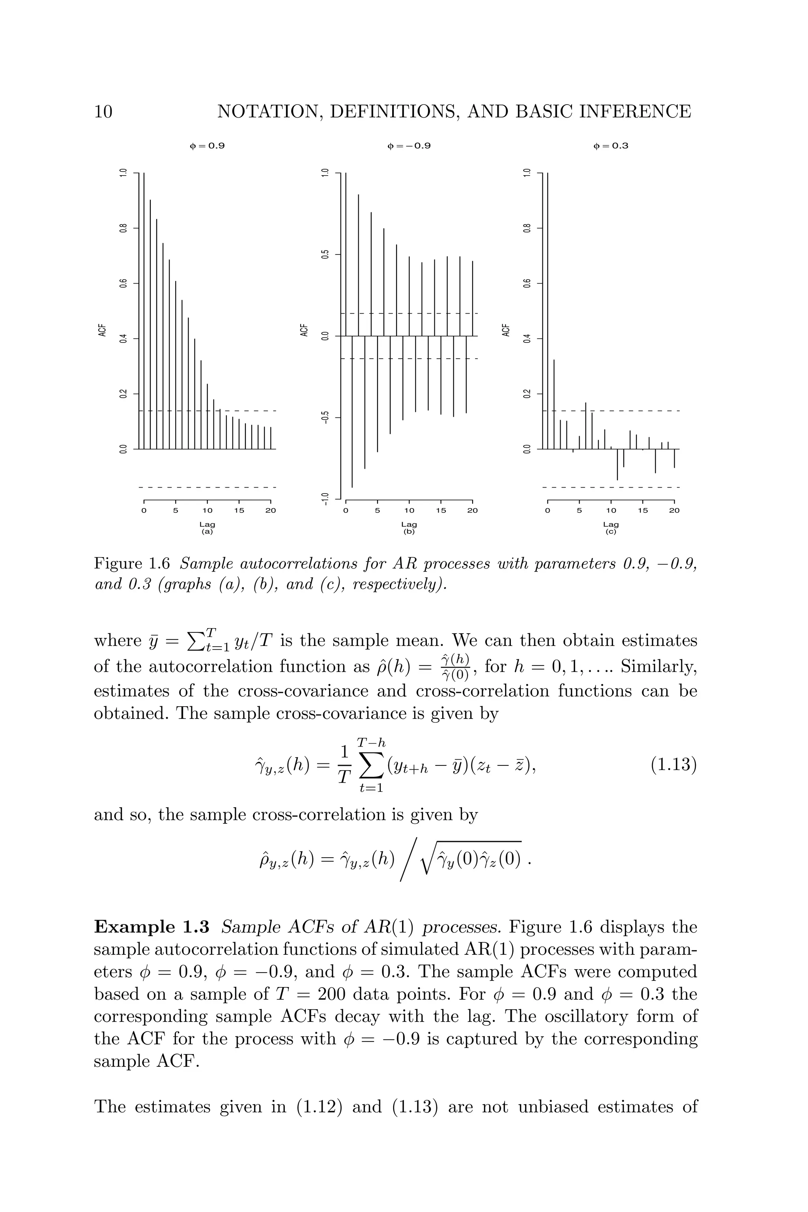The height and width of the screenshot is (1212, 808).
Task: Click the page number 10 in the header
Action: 103,112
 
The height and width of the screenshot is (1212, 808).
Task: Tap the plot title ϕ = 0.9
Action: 207,146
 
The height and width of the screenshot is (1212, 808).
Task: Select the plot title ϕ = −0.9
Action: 409,146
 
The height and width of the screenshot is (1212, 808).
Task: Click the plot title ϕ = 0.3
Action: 611,146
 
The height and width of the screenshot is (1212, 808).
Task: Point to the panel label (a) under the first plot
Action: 207,531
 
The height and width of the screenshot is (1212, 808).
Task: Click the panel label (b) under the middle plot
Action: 409,531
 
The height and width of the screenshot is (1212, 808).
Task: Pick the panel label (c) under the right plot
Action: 611,531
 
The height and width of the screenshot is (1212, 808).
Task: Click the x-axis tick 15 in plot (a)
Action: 239,511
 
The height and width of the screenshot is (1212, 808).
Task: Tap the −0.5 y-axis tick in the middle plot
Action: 325,417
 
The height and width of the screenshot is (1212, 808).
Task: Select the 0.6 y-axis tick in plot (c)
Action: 527,283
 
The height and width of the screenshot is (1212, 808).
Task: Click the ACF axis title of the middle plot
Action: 304,330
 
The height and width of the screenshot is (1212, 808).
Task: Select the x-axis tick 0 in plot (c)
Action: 548,511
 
